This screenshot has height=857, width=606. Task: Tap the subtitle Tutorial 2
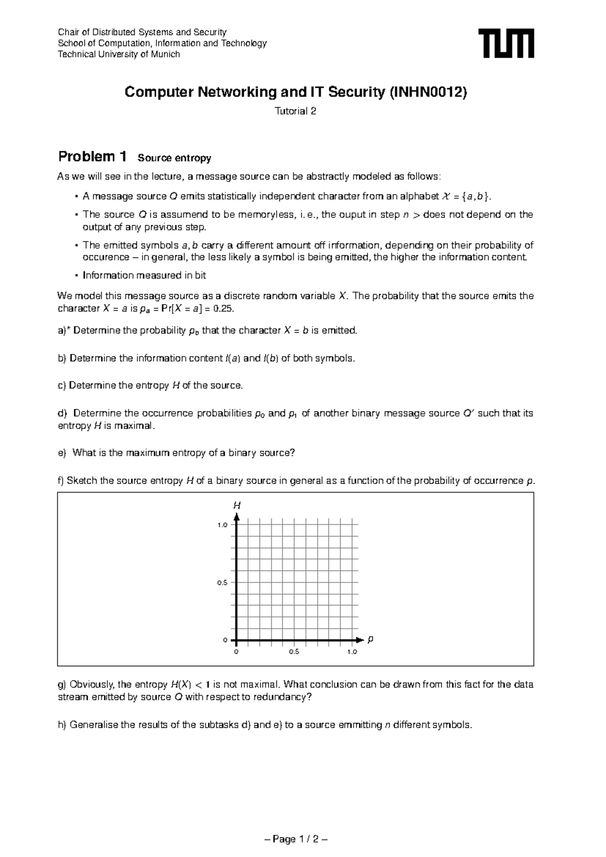295,112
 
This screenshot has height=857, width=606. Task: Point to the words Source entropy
174,158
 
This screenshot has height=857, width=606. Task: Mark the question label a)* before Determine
65,330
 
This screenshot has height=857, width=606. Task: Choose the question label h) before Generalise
62,725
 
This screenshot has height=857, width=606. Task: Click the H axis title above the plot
236,505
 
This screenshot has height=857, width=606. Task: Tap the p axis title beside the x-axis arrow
370,639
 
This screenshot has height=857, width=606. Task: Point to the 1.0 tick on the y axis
222,525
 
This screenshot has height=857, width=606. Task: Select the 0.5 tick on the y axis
222,583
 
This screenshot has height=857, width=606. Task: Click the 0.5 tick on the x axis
294,652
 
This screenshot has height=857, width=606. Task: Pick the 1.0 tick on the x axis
352,652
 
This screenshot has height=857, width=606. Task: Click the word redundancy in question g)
283,697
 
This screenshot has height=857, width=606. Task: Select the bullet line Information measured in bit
144,275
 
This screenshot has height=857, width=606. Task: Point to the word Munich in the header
166,55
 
